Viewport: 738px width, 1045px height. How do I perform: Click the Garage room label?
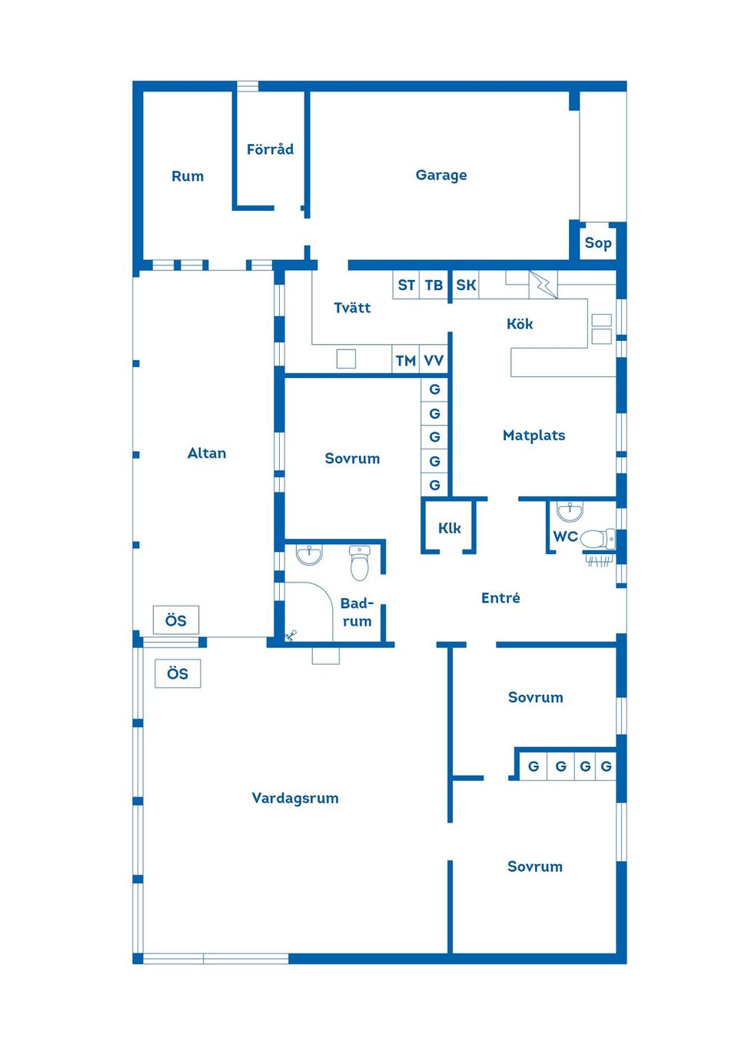pos(441,175)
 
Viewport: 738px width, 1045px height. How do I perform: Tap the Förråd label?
pos(270,149)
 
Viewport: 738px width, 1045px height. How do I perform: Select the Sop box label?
pos(598,243)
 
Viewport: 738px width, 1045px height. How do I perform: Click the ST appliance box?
pos(406,285)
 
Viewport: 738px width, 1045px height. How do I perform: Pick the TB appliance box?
pos(434,285)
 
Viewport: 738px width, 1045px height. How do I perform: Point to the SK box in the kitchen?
pos(466,285)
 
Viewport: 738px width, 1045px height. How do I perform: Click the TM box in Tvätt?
pos(406,360)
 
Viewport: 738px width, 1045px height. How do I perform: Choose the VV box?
pos(434,360)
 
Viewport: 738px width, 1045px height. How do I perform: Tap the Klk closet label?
pos(450,528)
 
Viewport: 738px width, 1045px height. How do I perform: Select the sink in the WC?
pos(570,511)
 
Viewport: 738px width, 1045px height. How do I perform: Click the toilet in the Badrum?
pos(360,563)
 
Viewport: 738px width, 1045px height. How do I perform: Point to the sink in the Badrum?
pos(309,554)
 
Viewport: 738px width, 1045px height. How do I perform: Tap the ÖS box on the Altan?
pos(176,620)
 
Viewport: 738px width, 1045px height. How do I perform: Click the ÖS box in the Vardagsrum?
pos(178,673)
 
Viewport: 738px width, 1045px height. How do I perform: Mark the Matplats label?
pos(534,436)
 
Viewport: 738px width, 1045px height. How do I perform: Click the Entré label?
pos(500,598)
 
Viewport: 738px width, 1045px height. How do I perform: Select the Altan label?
pos(207,453)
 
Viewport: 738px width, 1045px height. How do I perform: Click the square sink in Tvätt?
pos(346,359)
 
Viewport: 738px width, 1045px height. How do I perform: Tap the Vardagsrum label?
pos(295,798)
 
